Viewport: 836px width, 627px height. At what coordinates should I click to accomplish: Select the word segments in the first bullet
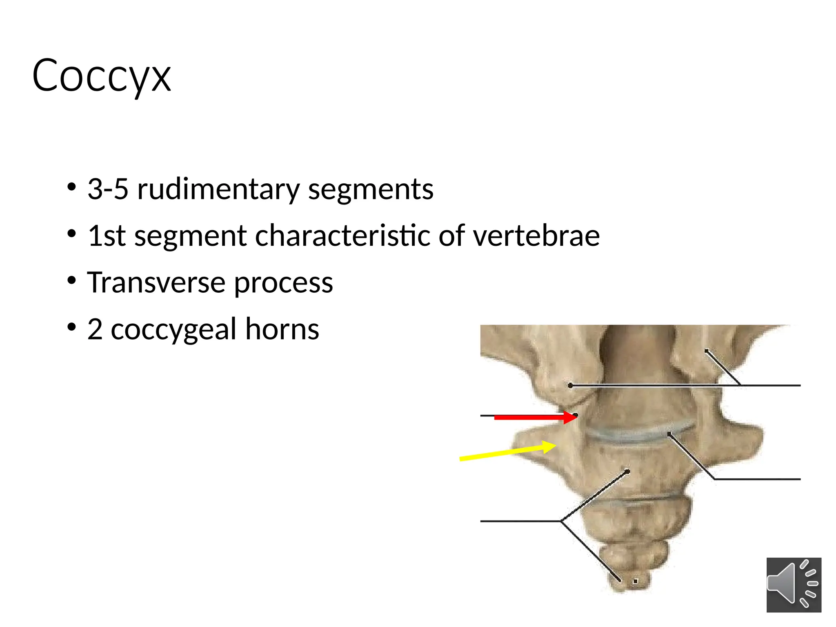coord(371,189)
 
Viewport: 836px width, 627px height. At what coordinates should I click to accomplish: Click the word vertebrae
coord(536,236)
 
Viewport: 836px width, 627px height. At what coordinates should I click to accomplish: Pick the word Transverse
coord(156,282)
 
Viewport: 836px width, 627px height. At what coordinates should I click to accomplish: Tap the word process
coord(283,283)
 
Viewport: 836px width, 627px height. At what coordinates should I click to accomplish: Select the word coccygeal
coord(173,330)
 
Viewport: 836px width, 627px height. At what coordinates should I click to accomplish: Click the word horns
coord(282,329)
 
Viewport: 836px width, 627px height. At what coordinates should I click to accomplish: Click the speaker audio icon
coord(794,585)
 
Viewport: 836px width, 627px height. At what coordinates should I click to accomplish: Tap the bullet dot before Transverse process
coord(72,280)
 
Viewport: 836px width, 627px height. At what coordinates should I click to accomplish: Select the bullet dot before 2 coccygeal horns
coord(72,327)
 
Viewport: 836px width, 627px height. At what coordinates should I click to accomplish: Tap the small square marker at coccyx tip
coord(635,581)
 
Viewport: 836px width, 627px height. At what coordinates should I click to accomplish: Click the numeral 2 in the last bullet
coord(95,329)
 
